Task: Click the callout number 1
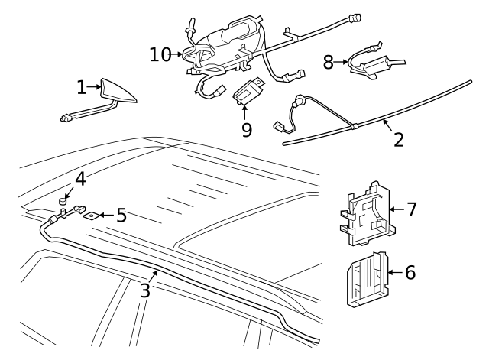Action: click(x=82, y=88)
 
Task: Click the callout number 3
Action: click(x=144, y=290)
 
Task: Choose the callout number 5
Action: click(x=121, y=216)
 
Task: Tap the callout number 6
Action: click(x=410, y=272)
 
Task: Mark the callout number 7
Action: click(x=411, y=209)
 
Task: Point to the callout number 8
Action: click(x=329, y=62)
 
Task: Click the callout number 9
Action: click(x=246, y=130)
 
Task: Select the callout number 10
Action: click(x=160, y=54)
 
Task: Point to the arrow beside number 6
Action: click(x=394, y=272)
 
